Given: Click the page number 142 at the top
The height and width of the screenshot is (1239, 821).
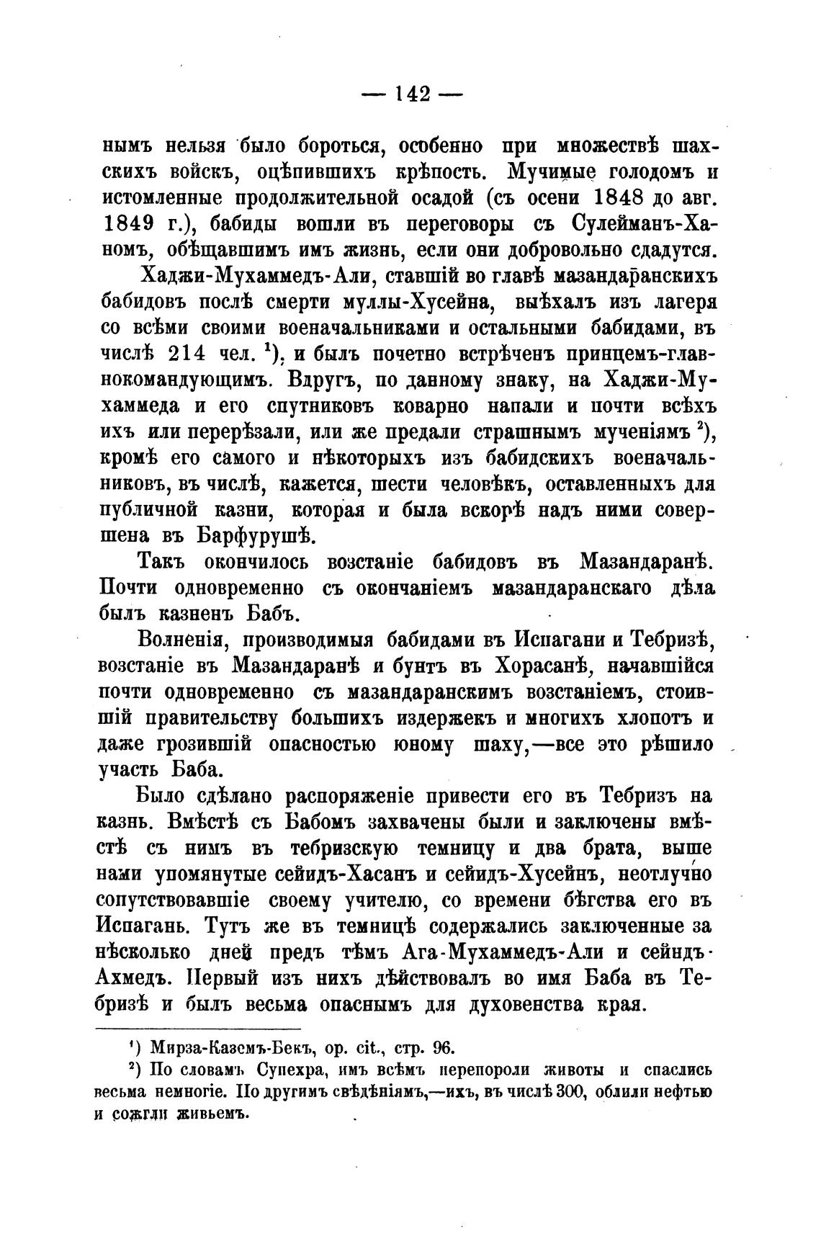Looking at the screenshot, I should pyautogui.click(x=412, y=94).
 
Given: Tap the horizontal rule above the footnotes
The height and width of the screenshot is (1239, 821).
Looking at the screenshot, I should pyautogui.click(x=199, y=1029).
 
